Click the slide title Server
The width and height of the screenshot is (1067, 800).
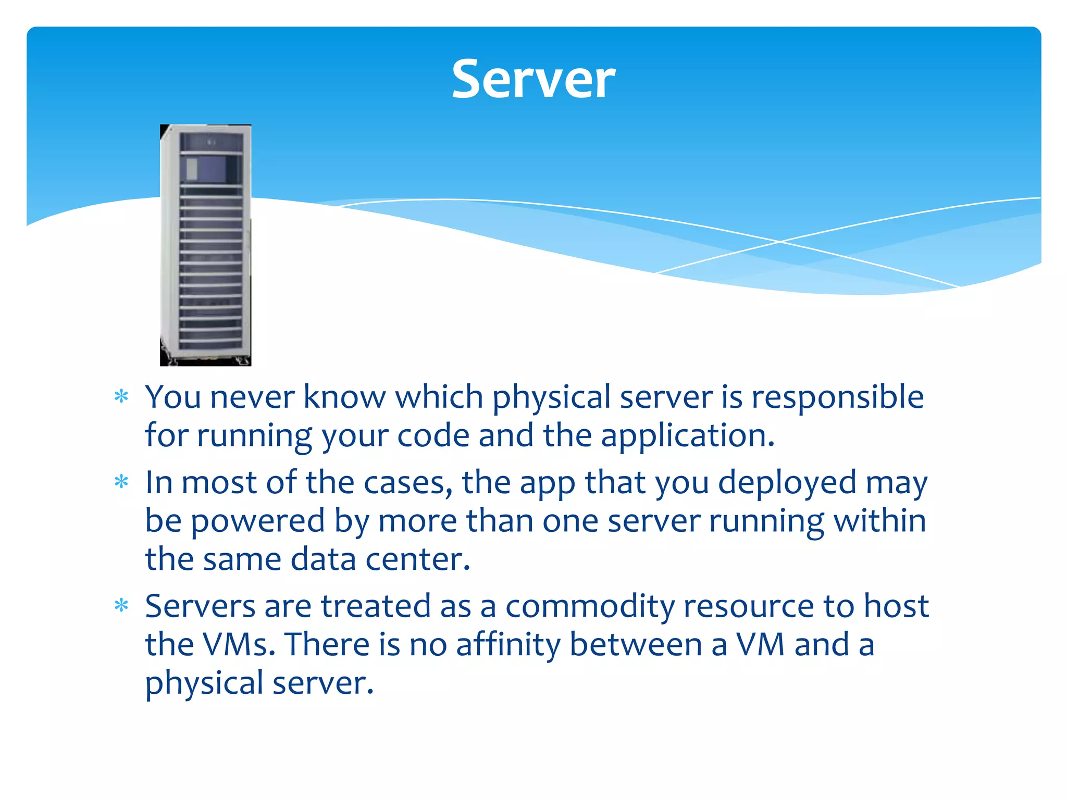[533, 79]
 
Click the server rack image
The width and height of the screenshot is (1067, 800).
[205, 245]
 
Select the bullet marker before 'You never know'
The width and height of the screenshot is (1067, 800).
[121, 397]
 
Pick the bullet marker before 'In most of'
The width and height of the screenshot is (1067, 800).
[121, 482]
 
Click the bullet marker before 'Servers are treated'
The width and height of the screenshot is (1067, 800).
[121, 606]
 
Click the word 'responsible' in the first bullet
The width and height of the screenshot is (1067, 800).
[838, 397]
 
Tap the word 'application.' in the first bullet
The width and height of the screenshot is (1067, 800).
[688, 435]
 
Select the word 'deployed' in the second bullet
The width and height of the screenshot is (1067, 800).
[787, 482]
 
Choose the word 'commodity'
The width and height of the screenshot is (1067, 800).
[590, 606]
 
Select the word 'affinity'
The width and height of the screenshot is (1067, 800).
[508, 644]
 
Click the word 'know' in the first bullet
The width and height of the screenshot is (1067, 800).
[344, 397]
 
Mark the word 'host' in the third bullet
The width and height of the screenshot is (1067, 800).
[896, 606]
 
